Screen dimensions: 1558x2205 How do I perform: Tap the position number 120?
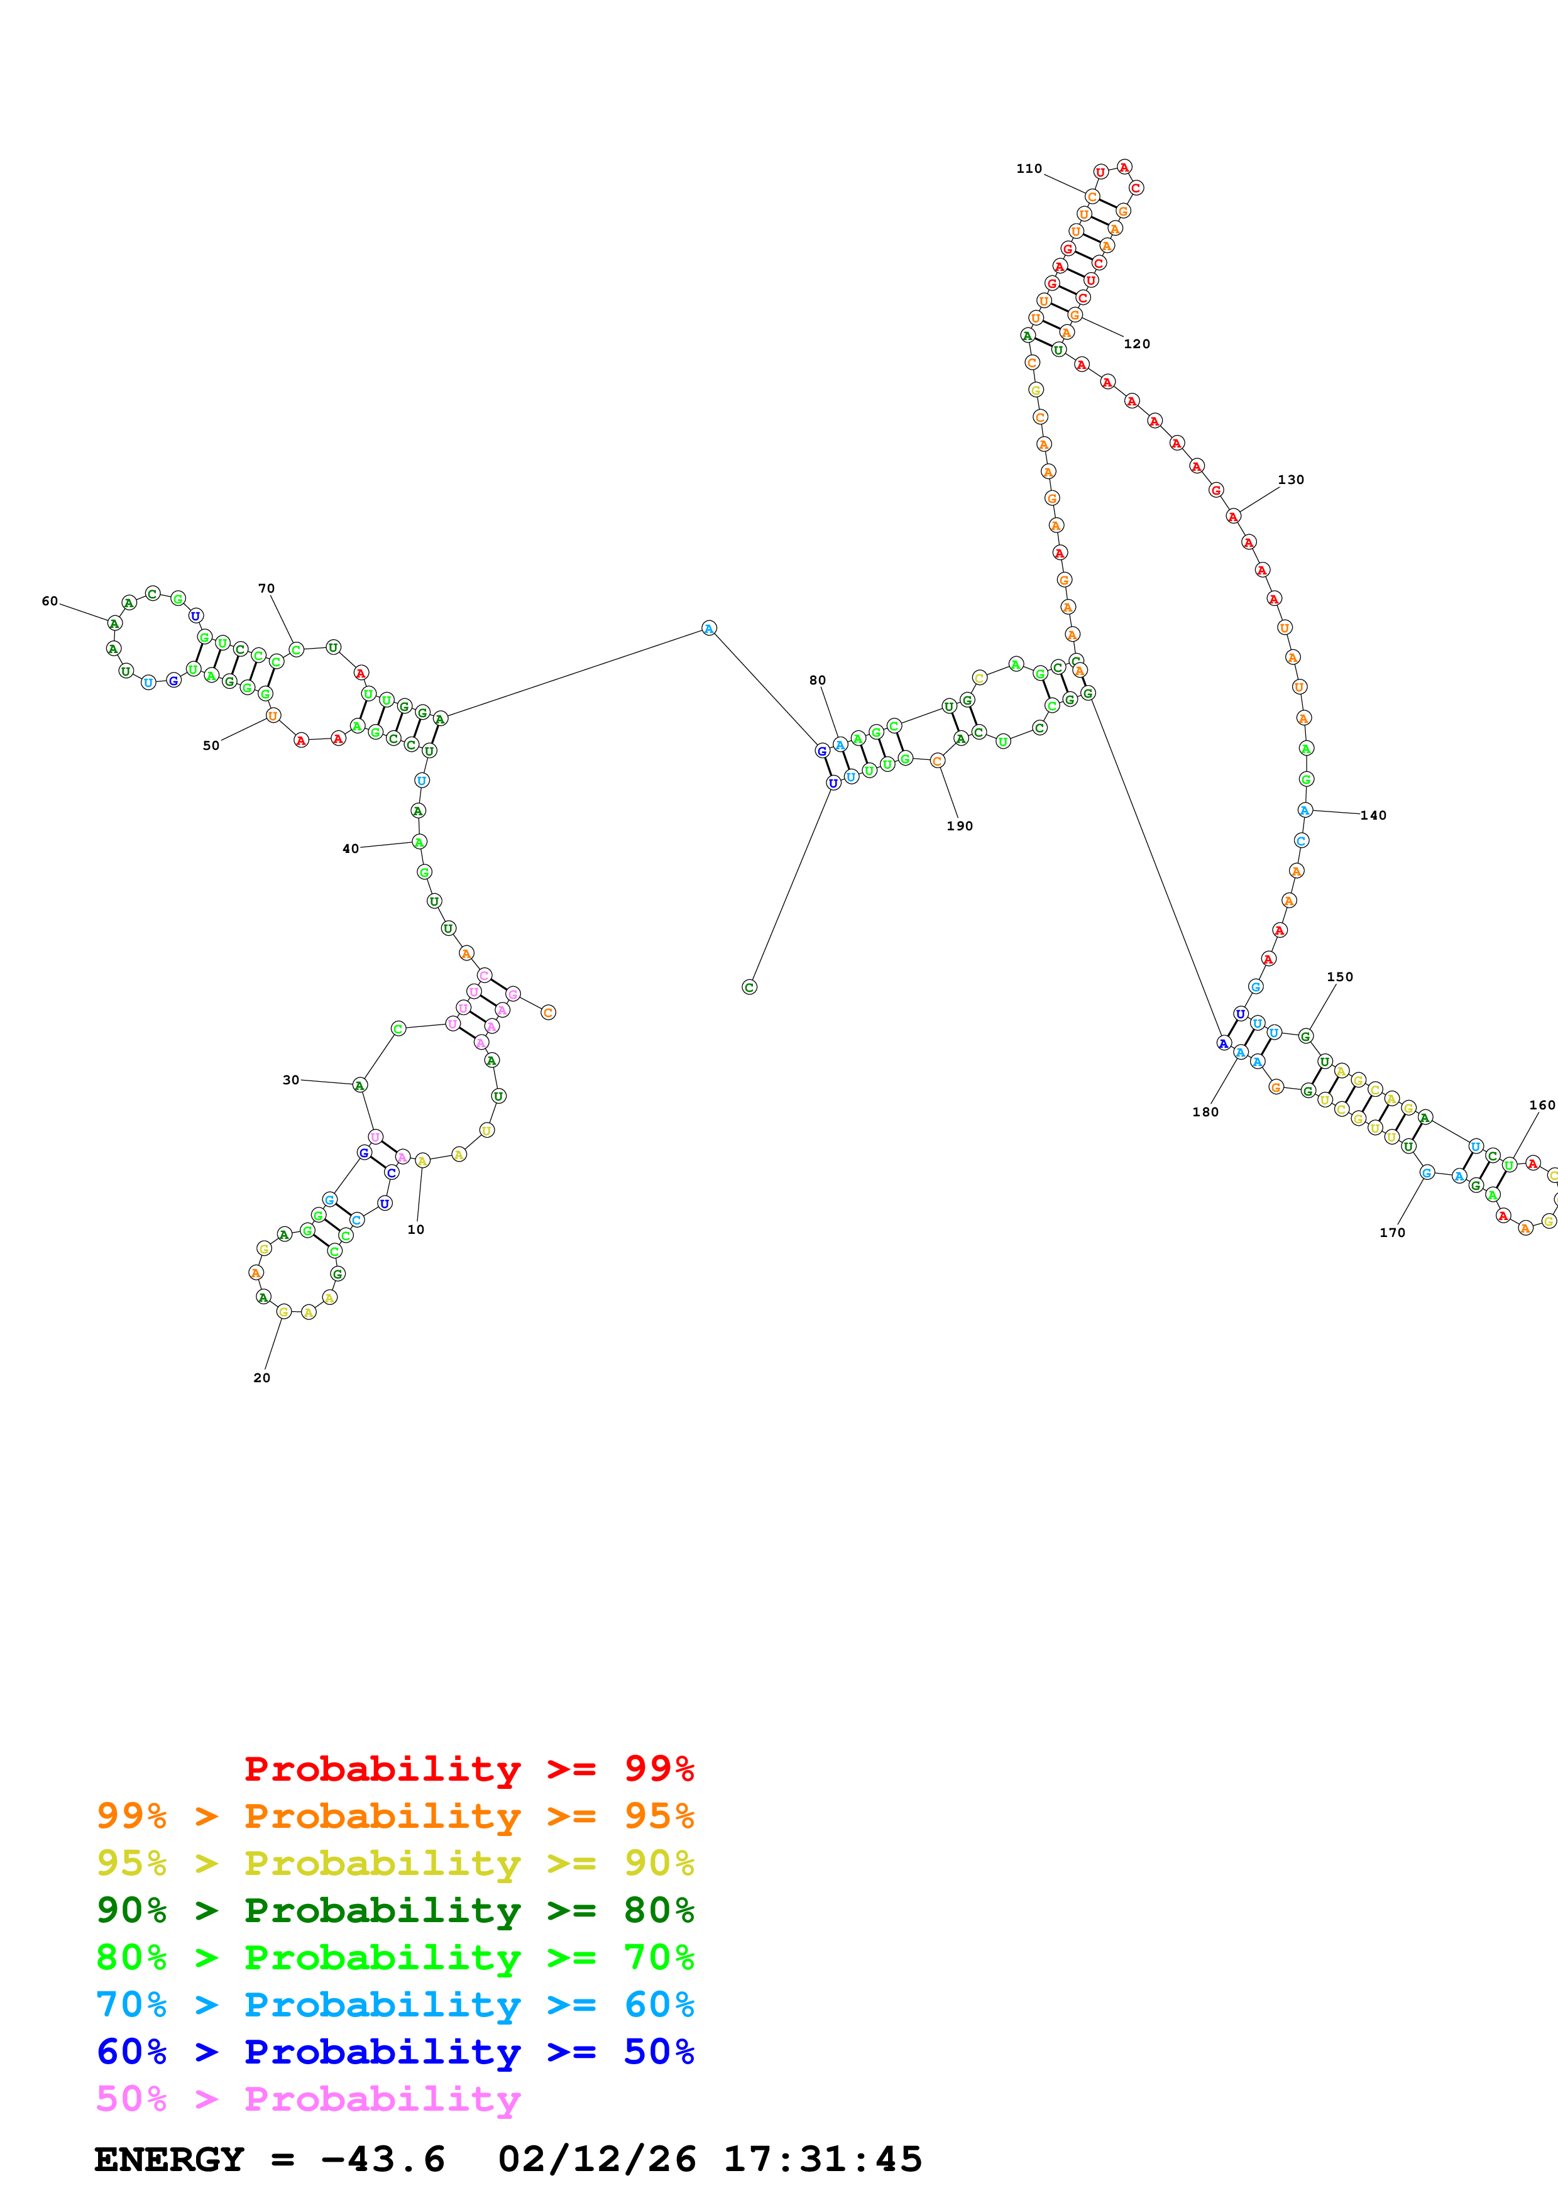1136,344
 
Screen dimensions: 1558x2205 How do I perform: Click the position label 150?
1339,977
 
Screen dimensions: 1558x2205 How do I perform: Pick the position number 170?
1392,1232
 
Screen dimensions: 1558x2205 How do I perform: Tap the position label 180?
1205,1112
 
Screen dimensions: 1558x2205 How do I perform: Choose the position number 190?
959,826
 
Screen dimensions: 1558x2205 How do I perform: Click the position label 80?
817,680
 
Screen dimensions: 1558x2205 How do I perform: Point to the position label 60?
49,601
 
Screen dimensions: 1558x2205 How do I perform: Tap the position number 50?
211,745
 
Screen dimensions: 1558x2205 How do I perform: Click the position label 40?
351,849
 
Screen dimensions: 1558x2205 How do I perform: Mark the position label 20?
261,1377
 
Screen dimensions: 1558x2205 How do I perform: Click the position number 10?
415,1229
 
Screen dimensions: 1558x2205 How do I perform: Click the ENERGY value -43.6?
382,2159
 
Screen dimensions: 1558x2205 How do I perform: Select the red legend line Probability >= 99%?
468,1769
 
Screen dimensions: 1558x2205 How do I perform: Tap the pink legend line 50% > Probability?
307,2099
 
